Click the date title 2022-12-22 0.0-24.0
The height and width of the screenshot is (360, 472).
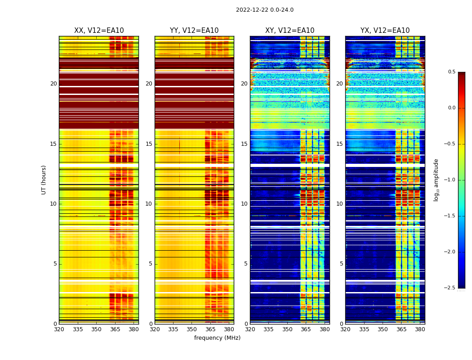click(x=264, y=10)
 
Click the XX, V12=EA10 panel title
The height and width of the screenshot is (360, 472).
click(x=99, y=31)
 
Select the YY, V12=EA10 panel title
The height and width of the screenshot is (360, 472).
click(x=194, y=31)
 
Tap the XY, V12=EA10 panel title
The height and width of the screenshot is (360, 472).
click(x=289, y=31)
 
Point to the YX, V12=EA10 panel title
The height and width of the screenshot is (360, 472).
click(x=385, y=31)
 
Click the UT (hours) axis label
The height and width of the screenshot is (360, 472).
click(x=44, y=180)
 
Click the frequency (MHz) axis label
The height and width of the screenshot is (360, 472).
click(x=217, y=338)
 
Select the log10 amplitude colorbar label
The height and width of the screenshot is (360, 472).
click(x=436, y=180)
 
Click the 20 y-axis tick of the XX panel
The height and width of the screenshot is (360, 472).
click(x=53, y=84)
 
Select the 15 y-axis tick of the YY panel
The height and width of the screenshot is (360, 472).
click(x=149, y=144)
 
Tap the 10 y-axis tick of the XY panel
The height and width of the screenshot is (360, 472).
click(x=244, y=204)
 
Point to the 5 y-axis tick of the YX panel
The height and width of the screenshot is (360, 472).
click(x=342, y=264)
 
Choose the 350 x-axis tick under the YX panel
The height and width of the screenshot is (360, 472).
click(x=383, y=329)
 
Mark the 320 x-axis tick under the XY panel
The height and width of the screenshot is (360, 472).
click(x=250, y=329)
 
